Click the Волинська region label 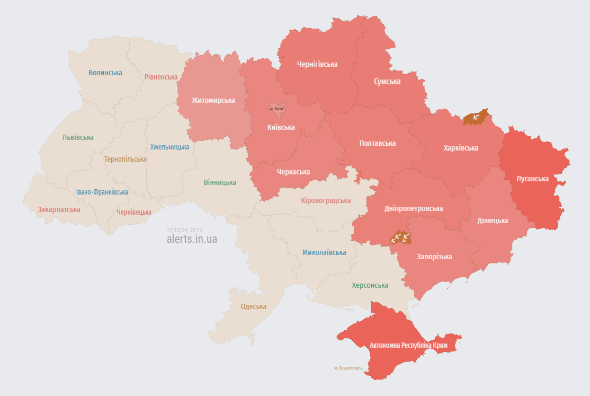(x=105, y=73)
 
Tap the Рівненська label (x=161, y=77)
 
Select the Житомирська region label (x=213, y=100)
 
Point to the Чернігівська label (x=317, y=64)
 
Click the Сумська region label (x=387, y=82)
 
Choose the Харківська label (x=461, y=148)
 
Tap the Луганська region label (x=532, y=179)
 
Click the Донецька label (x=493, y=221)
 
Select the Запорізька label (x=434, y=257)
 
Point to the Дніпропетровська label (x=414, y=208)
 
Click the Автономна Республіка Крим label (x=408, y=345)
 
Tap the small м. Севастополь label (x=348, y=367)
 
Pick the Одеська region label (x=254, y=306)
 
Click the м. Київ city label (x=276, y=109)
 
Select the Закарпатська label (x=59, y=209)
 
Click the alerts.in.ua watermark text (x=192, y=239)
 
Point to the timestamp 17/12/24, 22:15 (x=185, y=230)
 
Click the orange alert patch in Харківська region (x=475, y=118)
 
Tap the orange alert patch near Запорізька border (x=400, y=238)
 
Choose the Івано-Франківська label (x=102, y=192)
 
